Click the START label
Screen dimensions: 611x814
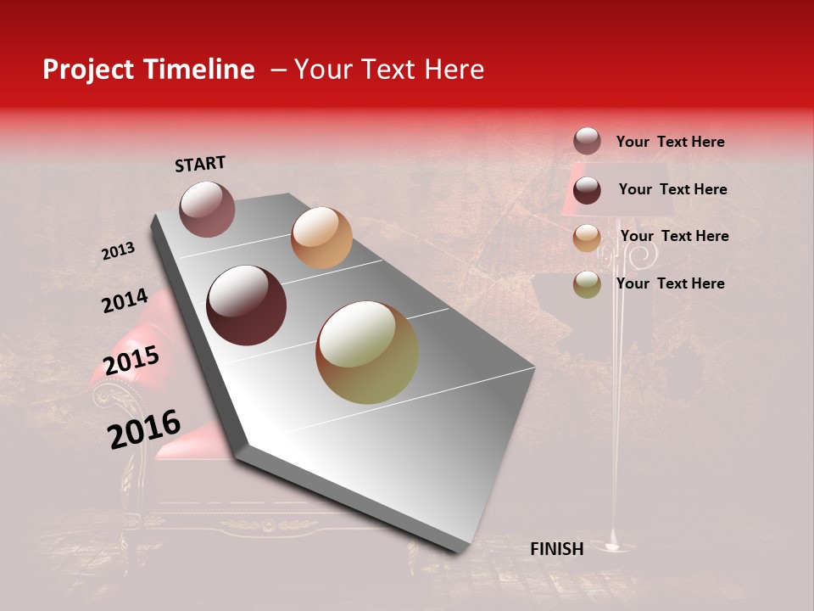tap(200, 164)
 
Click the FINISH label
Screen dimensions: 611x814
tap(556, 549)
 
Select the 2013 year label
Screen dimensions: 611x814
tap(118, 250)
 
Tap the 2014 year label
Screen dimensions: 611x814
tap(125, 301)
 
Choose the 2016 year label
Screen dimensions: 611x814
tap(144, 429)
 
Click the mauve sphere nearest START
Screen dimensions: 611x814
tap(207, 209)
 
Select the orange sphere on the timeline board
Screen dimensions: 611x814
tap(321, 238)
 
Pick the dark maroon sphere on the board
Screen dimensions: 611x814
tap(246, 305)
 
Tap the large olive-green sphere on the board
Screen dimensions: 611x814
tap(367, 352)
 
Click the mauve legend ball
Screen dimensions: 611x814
tap(587, 142)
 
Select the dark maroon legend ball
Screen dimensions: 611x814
tap(587, 190)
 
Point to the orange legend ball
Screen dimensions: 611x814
tap(587, 238)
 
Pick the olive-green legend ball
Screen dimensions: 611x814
tap(587, 284)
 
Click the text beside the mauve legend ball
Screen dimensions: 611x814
tap(670, 142)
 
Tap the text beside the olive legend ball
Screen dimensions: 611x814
tap(670, 283)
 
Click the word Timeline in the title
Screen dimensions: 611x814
tap(200, 70)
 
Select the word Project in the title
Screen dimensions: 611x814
tap(88, 70)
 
